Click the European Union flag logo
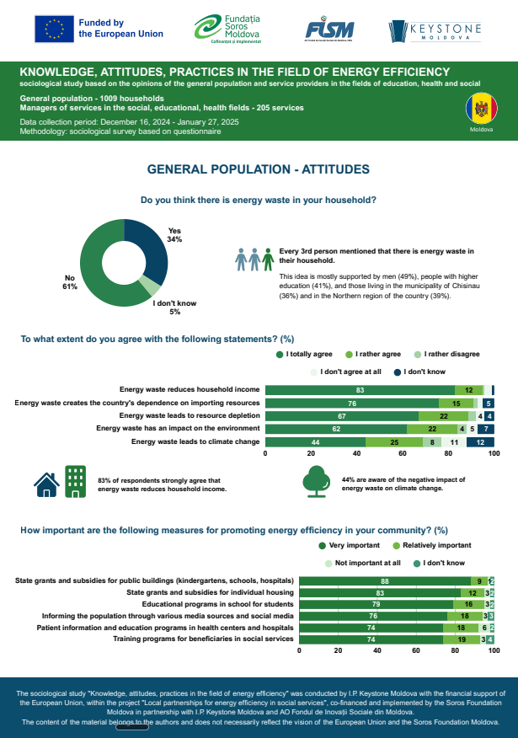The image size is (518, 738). [x=54, y=29]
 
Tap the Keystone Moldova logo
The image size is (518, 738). [x=435, y=31]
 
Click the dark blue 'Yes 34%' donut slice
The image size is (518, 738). [x=144, y=251]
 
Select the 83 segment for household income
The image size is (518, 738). [x=360, y=390]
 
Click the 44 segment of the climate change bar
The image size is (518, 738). [x=315, y=441]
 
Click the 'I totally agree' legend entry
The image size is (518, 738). [x=307, y=354]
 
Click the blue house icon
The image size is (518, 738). [x=46, y=483]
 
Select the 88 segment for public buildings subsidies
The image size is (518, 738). [x=386, y=580]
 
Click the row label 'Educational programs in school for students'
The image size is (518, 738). [x=217, y=604]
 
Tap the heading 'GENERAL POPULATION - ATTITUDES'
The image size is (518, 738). [x=259, y=169]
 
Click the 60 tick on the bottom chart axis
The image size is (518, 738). [x=416, y=650]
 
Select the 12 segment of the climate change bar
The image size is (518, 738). [x=480, y=441]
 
